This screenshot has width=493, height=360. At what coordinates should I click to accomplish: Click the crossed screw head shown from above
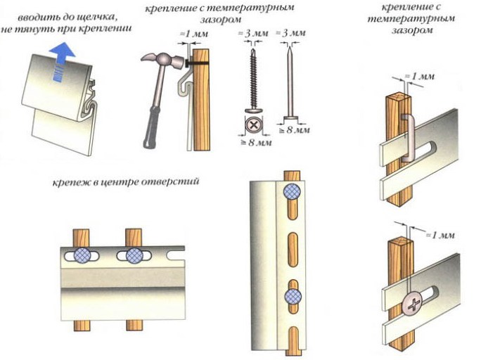252,127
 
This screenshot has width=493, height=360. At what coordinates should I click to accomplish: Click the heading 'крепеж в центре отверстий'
125,182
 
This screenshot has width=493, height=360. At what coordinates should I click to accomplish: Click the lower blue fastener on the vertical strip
292,297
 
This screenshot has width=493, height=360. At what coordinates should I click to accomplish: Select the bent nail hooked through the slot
409,130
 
